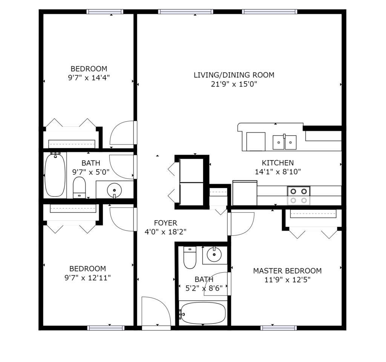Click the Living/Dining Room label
234,75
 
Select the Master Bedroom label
287,271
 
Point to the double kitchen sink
284,142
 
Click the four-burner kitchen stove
299,196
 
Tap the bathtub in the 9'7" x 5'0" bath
55,175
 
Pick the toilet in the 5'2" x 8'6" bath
190,257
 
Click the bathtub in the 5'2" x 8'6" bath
202,313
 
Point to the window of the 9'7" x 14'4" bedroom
105,12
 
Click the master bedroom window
279,328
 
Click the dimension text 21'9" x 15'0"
234,84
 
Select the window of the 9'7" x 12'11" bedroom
106,328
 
